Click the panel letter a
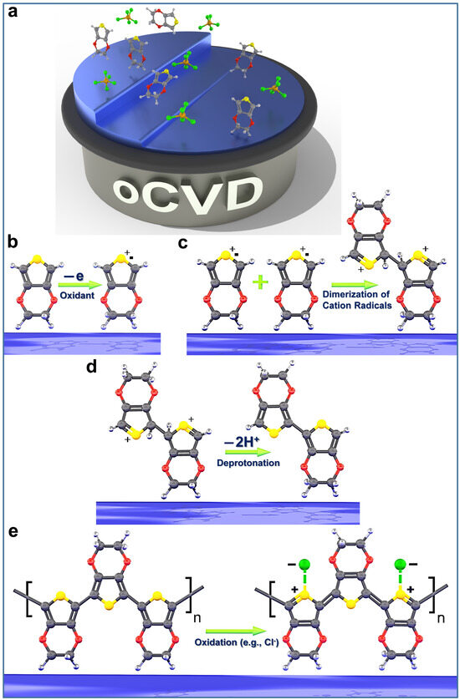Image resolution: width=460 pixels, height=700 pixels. coord(13,13)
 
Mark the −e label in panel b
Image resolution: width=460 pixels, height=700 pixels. coord(74,272)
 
